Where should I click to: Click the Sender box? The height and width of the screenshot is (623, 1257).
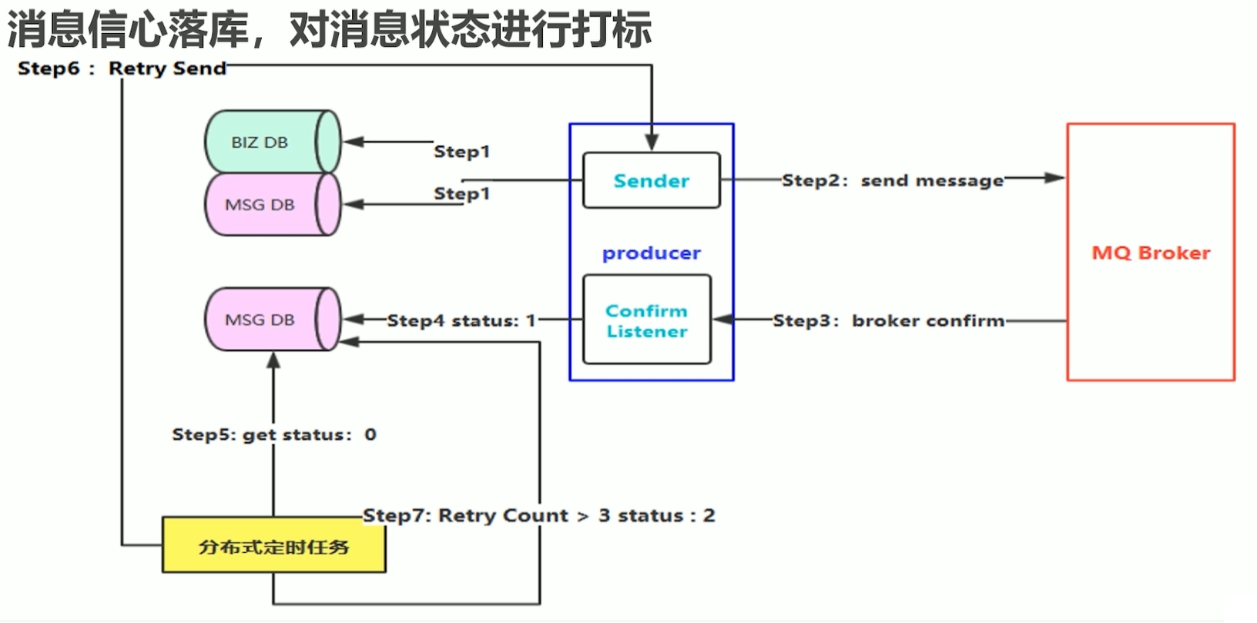(651, 180)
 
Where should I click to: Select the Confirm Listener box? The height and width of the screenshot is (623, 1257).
(646, 320)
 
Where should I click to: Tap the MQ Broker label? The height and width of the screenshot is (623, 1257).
(1151, 253)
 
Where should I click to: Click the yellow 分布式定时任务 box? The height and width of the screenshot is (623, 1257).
(273, 546)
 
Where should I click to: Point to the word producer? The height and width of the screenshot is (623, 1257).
(651, 253)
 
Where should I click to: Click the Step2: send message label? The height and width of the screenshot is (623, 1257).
(893, 180)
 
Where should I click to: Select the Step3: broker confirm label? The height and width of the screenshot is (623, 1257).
(888, 320)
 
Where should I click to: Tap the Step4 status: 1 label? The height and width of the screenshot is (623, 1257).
(461, 320)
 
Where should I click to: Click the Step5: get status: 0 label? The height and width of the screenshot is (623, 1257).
(273, 434)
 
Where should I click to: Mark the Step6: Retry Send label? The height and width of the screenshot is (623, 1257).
(122, 68)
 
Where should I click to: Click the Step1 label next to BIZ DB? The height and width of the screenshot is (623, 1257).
(461, 151)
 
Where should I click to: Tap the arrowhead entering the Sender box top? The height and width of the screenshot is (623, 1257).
(652, 143)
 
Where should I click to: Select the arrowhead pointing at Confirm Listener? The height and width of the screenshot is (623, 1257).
(722, 320)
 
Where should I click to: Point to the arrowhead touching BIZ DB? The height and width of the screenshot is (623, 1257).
(353, 142)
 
